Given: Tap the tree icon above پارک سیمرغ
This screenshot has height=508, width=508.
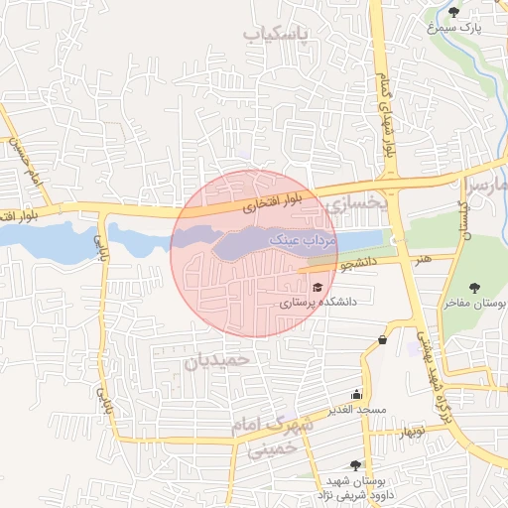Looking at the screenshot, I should tap(453, 13).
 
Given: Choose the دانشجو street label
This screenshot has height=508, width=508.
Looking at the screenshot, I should tap(359, 265).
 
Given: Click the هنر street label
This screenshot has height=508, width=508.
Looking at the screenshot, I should tap(425, 259).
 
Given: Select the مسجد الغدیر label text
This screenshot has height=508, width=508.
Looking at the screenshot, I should tap(359, 410).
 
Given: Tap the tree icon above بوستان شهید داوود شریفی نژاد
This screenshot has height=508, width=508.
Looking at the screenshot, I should tap(355, 464).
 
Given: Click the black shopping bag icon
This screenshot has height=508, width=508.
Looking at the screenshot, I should tap(383, 340).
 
